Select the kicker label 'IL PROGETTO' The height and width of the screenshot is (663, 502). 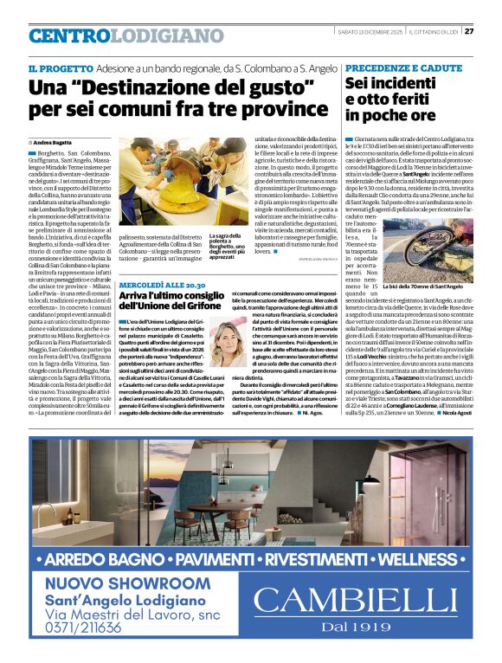tap(55, 68)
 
